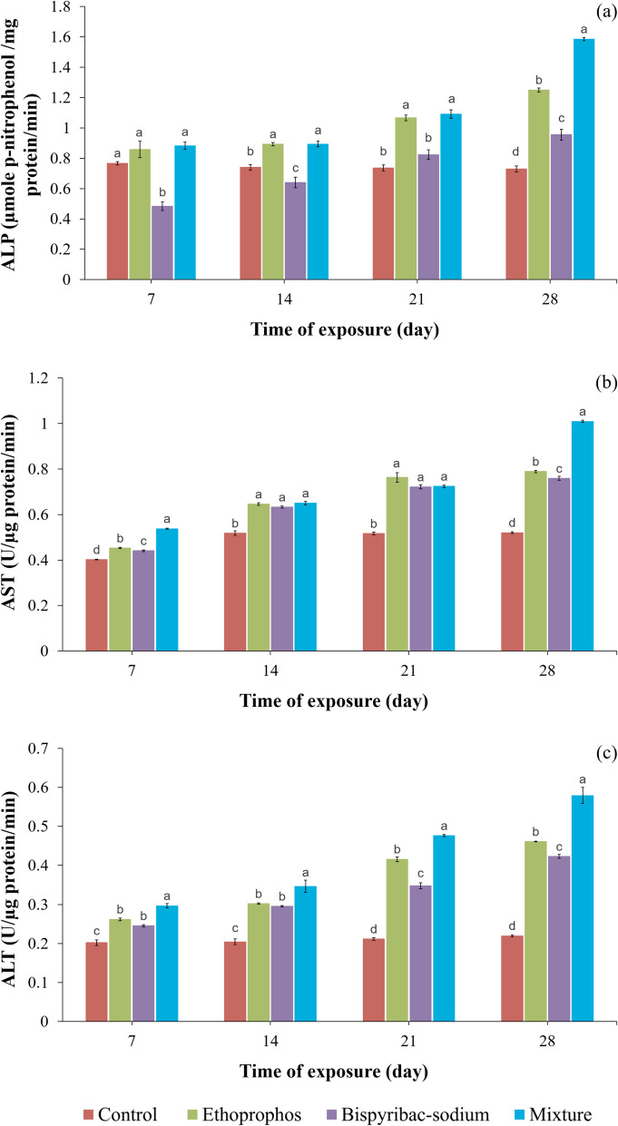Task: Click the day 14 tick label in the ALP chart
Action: coord(270,298)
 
